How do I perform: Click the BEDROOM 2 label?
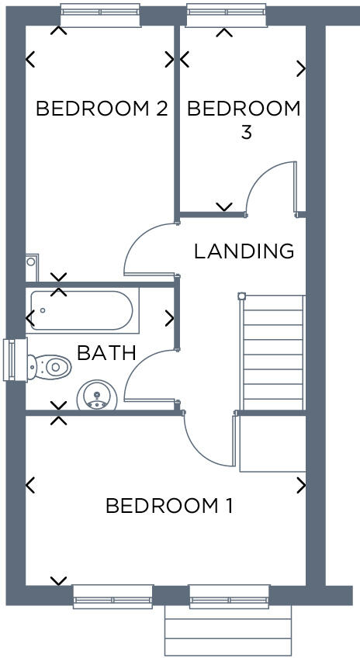click(x=102, y=109)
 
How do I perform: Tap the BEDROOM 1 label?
click(x=168, y=507)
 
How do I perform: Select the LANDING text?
click(x=244, y=251)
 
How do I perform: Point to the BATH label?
click(x=106, y=353)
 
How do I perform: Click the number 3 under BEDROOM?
click(x=245, y=133)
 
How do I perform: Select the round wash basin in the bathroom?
click(x=95, y=396)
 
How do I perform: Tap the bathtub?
click(x=81, y=311)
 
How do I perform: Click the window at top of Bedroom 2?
click(x=100, y=11)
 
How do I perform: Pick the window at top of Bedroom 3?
click(x=226, y=11)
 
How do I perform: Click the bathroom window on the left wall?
click(x=10, y=360)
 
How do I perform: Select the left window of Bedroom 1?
click(x=112, y=597)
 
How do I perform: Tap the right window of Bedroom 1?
click(x=229, y=597)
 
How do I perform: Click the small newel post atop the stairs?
click(x=241, y=296)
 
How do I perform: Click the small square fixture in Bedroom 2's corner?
click(x=31, y=262)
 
